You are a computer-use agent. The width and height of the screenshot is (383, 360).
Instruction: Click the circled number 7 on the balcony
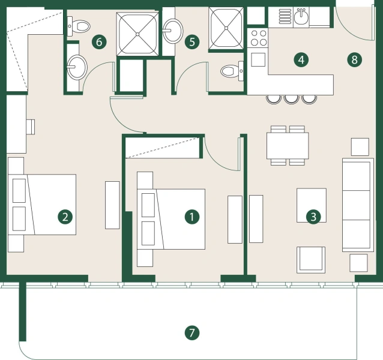pos(191,332)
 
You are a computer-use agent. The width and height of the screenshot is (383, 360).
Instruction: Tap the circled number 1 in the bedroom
pos(191,217)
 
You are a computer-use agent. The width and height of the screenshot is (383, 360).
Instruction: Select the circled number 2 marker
pos(65,217)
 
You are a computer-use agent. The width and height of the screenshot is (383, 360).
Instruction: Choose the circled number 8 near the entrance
pos(355,59)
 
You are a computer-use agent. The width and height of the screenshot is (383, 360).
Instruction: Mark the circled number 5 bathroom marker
pos(192,41)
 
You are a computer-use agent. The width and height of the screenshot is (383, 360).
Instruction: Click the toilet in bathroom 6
pos(79,25)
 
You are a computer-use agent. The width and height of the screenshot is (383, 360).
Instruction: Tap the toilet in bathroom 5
pos(229,71)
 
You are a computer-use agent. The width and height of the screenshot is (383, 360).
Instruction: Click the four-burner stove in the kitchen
pos(259,38)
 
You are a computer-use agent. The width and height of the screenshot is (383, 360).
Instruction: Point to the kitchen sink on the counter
pos(301,17)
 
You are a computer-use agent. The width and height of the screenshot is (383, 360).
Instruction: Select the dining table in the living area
pos(288,145)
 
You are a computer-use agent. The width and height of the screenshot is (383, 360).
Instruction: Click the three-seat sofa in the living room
pos(357,205)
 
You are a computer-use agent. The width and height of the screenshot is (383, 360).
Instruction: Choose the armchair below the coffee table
pos(312,259)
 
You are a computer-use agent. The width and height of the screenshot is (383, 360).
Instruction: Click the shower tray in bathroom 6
pos(136,32)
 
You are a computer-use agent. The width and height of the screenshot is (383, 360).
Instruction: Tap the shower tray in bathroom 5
pos(226,28)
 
